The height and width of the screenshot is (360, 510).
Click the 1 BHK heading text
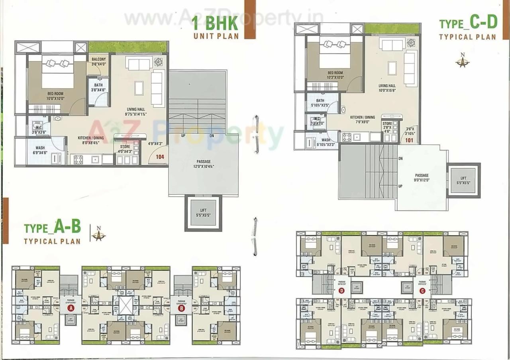pos(215,23)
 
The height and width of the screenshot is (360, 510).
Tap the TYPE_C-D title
pos(468,24)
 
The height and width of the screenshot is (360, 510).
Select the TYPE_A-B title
pos(52,228)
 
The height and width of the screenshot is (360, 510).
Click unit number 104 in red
pos(160,157)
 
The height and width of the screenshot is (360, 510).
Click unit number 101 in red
pos(409,140)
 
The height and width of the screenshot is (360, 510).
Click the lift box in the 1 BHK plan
pos(203,213)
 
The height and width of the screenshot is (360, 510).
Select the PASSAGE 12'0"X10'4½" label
pos(203,164)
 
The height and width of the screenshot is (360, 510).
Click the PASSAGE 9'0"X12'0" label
pos(422,178)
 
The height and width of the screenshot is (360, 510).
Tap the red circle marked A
pos(71,308)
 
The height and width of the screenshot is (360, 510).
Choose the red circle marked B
pos(181,308)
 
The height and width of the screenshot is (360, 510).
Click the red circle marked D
pos(341,291)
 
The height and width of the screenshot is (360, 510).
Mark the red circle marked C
pos(422,291)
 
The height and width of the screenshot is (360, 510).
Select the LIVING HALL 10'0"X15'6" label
pos(387,88)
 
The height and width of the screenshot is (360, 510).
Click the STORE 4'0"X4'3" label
pos(125,149)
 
